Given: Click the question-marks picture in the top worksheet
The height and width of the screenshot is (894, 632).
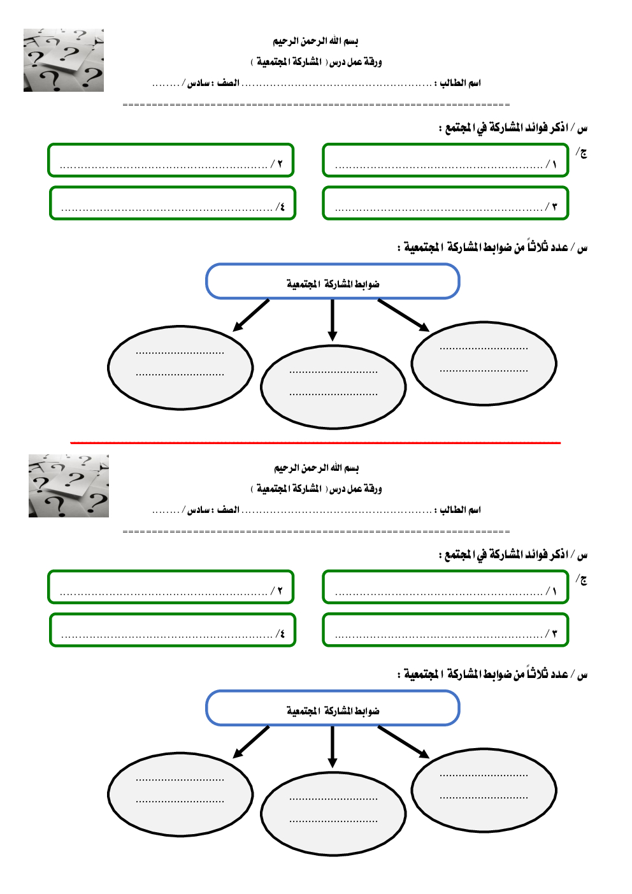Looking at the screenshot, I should [x=64, y=60].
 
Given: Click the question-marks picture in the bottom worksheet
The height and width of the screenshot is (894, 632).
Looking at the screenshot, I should [x=69, y=486].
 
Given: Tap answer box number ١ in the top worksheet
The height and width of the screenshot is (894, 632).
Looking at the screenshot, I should [x=445, y=160].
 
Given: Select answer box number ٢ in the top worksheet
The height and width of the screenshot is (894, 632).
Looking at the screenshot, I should [x=171, y=160].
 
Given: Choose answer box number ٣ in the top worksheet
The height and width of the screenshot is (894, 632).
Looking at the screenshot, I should [x=445, y=203].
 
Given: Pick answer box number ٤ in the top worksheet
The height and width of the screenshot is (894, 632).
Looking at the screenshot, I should [x=173, y=203].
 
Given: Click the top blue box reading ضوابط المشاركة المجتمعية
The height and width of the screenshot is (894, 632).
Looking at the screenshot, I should [x=333, y=281].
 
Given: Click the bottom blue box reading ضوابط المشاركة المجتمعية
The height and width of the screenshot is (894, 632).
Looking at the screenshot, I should [x=333, y=708].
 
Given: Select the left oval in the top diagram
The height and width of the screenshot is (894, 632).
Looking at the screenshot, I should [x=180, y=368].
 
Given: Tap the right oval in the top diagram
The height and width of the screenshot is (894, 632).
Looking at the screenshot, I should [x=484, y=363].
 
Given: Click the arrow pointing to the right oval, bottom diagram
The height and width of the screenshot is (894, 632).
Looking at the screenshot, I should [x=403, y=742].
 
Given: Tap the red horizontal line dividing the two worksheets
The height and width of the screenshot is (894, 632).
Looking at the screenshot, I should [x=315, y=442].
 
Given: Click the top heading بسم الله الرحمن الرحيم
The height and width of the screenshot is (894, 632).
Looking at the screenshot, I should [x=315, y=41].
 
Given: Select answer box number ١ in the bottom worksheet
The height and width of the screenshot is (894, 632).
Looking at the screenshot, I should [x=445, y=587].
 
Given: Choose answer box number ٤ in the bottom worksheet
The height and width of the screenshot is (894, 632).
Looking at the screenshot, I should [x=173, y=630].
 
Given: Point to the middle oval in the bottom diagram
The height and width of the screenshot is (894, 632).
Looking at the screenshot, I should [x=333, y=814].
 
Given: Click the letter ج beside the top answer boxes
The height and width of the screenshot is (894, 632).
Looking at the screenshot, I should [x=582, y=152].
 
